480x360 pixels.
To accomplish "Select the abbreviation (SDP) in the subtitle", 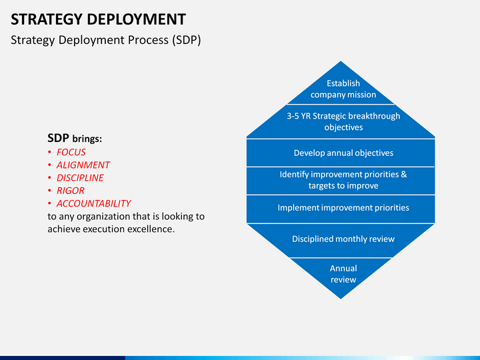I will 186,40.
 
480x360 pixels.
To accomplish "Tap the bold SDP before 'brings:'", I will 58,139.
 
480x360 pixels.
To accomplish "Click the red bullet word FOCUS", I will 71,152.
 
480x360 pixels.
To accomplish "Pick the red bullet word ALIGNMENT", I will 83,165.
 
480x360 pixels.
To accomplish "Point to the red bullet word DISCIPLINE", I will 80,178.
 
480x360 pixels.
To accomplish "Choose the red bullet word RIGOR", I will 70,191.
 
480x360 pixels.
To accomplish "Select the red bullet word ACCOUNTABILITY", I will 93,203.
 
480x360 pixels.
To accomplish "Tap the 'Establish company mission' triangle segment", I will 343,89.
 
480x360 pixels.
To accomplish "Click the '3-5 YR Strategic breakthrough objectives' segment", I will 343,121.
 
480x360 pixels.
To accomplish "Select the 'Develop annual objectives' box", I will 343,153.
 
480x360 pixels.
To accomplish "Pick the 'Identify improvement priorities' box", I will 343,180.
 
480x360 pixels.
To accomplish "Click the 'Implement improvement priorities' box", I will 343,208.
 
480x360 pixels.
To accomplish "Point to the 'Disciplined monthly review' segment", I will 343,239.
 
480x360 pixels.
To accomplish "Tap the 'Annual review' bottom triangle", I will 343,274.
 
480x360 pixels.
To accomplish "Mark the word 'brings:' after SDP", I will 87,139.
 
